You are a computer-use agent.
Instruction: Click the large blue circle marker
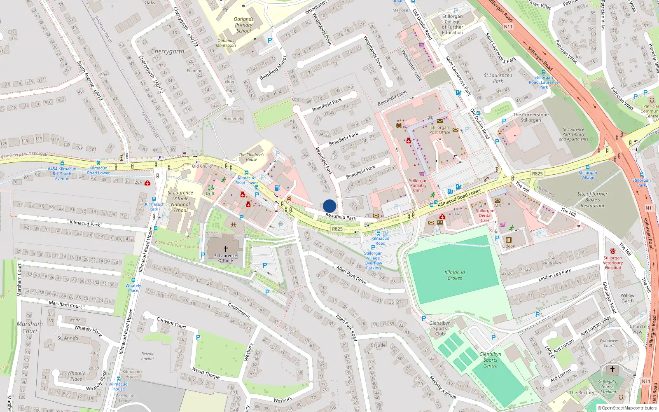point(329,206)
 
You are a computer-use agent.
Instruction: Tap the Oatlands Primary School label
point(243,25)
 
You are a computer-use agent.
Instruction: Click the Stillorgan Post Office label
point(439,130)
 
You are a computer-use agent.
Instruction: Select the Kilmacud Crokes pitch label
point(455,275)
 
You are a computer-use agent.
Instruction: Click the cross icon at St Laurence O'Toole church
point(225,249)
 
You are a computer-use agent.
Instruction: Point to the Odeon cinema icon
point(508,240)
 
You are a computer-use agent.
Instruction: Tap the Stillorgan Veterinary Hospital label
point(612,262)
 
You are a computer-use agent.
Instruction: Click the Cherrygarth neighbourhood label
point(167,51)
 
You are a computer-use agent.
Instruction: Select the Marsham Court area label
point(30,327)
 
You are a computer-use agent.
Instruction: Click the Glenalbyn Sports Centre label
point(490,360)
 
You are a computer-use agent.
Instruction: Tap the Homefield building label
point(233,119)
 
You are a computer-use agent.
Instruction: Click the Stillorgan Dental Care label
point(485,215)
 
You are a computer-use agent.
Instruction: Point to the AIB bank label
point(498,206)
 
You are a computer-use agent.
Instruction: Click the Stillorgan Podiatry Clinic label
point(418,185)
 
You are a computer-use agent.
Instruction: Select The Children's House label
point(251,157)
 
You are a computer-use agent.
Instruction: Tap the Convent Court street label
point(171,323)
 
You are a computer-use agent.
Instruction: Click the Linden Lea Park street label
point(554,275)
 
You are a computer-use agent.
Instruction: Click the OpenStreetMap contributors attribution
point(626,408)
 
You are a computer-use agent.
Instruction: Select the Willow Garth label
point(627,298)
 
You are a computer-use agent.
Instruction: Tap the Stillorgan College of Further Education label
point(452,24)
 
